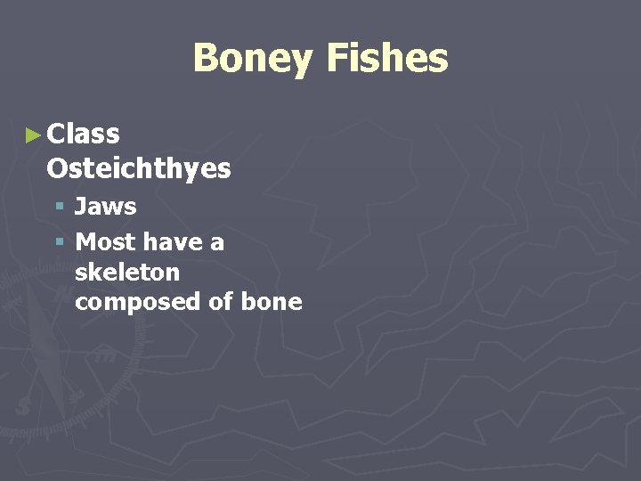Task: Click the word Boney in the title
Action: click(252, 59)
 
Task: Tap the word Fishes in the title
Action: click(386, 59)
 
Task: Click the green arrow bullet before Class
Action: click(34, 135)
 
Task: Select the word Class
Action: click(83, 135)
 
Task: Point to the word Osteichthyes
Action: click(138, 168)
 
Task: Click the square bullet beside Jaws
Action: click(60, 207)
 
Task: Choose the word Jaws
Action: click(105, 207)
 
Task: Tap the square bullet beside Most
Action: click(60, 241)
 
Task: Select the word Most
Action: click(105, 241)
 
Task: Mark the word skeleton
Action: click(127, 272)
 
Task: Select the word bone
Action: click(272, 302)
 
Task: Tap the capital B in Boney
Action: click(205, 59)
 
